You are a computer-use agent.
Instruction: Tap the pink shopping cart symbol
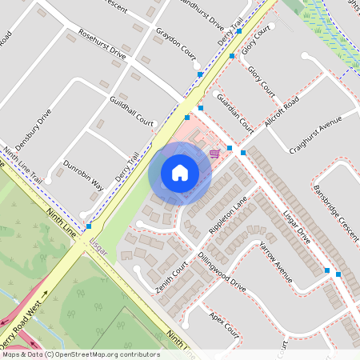(214, 153)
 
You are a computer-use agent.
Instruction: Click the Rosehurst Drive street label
(102, 45)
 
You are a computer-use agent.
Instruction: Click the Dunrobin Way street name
(84, 172)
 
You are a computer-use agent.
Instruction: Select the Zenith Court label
(171, 275)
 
